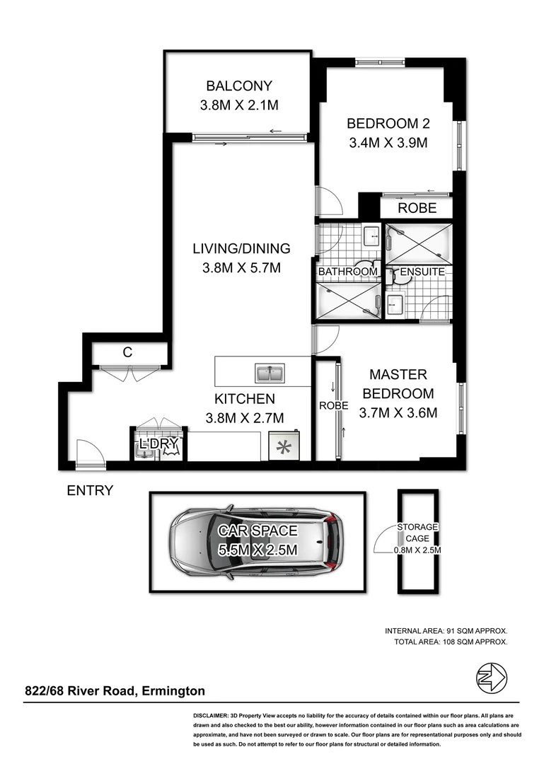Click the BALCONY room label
point(238,86)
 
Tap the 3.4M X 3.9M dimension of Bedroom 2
point(388,143)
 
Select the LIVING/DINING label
point(241,248)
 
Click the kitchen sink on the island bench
point(270,372)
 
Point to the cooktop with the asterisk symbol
point(285,446)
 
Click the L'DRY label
point(158,444)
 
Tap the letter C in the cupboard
point(127,352)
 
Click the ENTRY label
point(90,490)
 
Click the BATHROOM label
point(347,272)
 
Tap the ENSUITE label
point(422,272)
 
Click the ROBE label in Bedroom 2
point(417,209)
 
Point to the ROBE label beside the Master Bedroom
point(333,406)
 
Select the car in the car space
point(257,542)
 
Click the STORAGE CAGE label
point(417,532)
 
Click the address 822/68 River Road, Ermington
point(115,691)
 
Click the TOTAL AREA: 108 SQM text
point(451,642)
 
